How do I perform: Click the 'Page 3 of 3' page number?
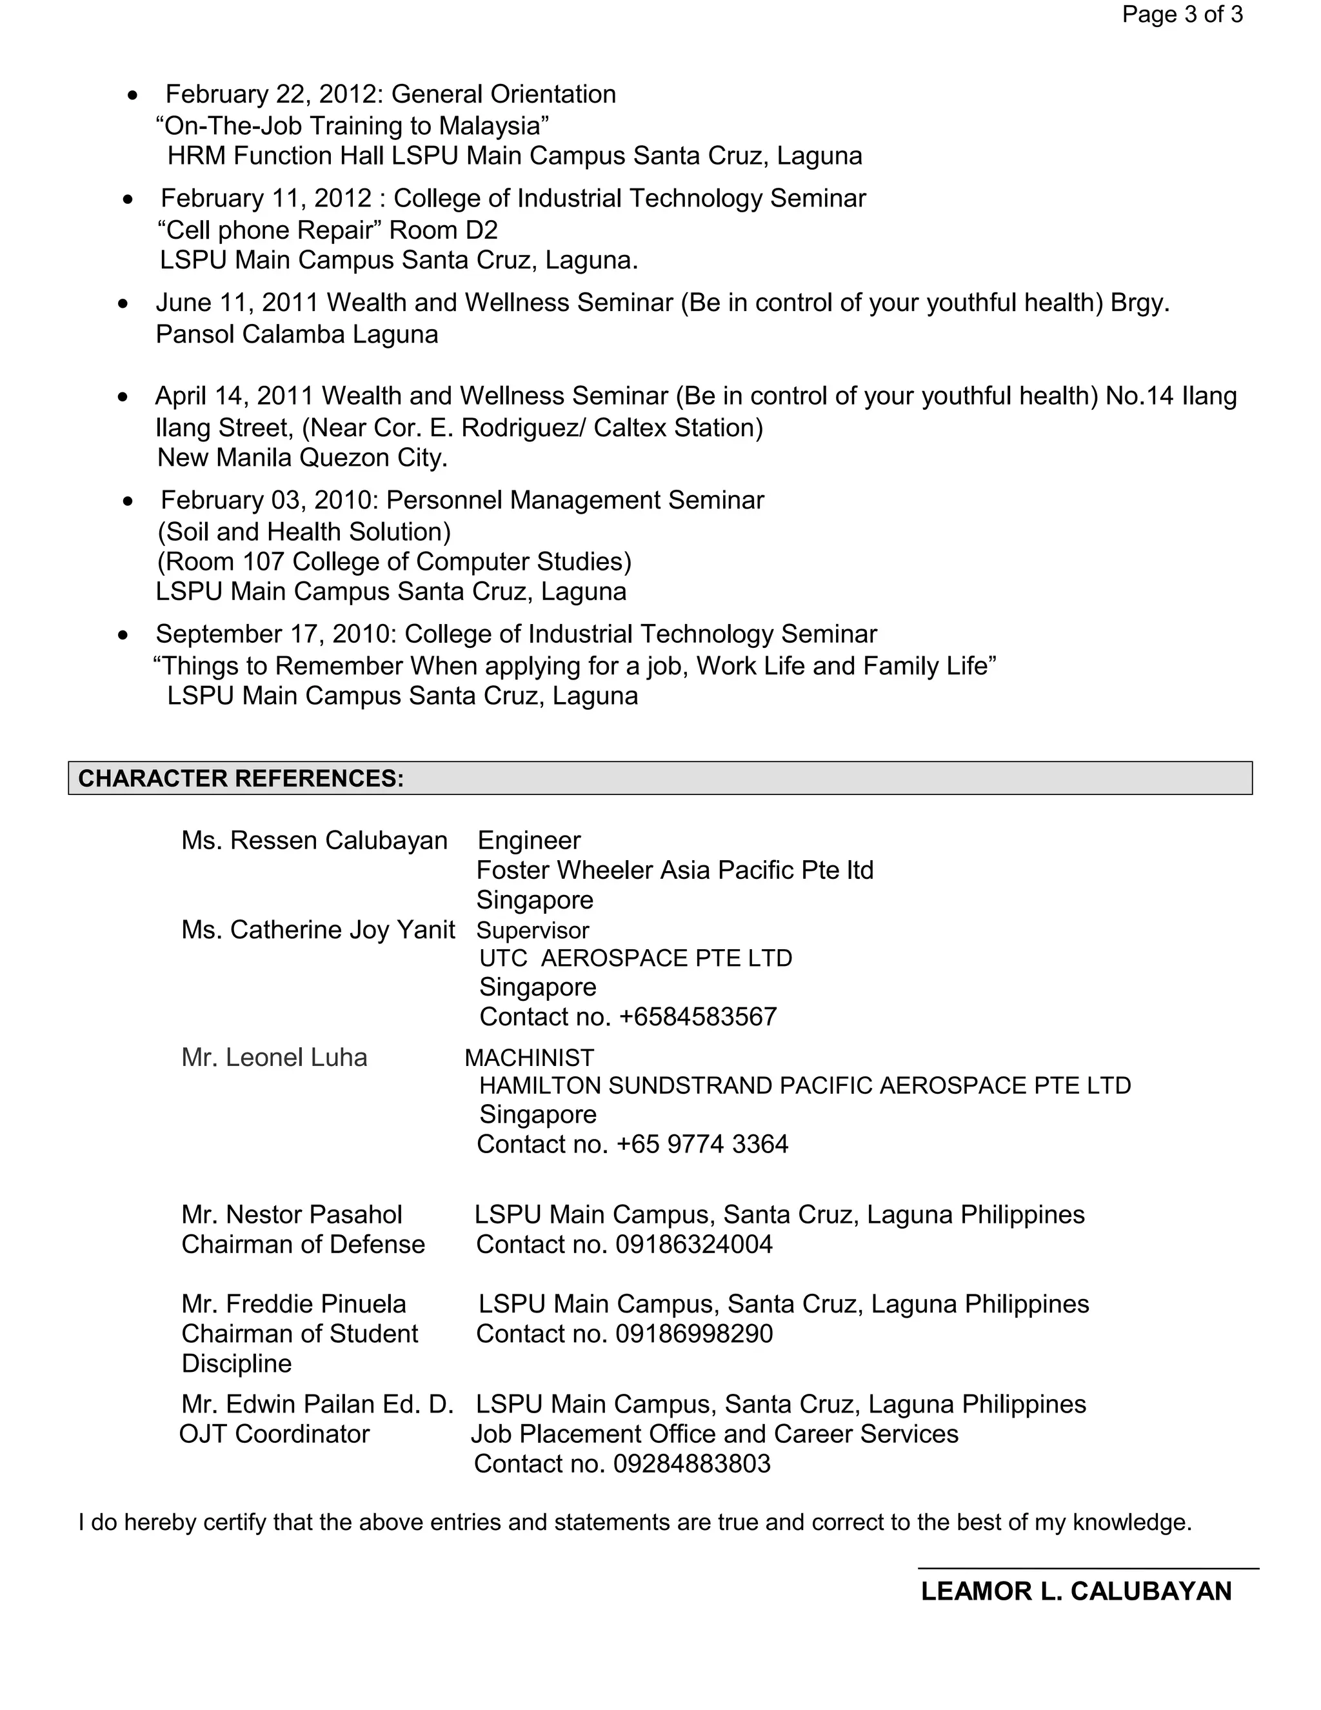click(x=1182, y=15)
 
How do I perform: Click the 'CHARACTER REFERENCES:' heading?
click(x=241, y=778)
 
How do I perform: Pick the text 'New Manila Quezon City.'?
click(x=302, y=458)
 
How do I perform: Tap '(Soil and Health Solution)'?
click(x=304, y=532)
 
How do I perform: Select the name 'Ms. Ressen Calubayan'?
click(x=314, y=841)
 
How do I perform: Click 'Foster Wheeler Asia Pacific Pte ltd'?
click(x=675, y=870)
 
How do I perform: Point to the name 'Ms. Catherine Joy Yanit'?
click(x=318, y=930)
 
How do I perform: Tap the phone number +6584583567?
click(x=697, y=1017)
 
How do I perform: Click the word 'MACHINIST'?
click(x=530, y=1058)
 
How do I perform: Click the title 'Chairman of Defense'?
click(x=303, y=1245)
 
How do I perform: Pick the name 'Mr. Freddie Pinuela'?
click(x=293, y=1304)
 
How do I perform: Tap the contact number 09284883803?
click(x=692, y=1464)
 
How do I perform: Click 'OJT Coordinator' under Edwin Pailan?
click(x=274, y=1434)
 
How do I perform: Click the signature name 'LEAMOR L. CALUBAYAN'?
click(x=1076, y=1592)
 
